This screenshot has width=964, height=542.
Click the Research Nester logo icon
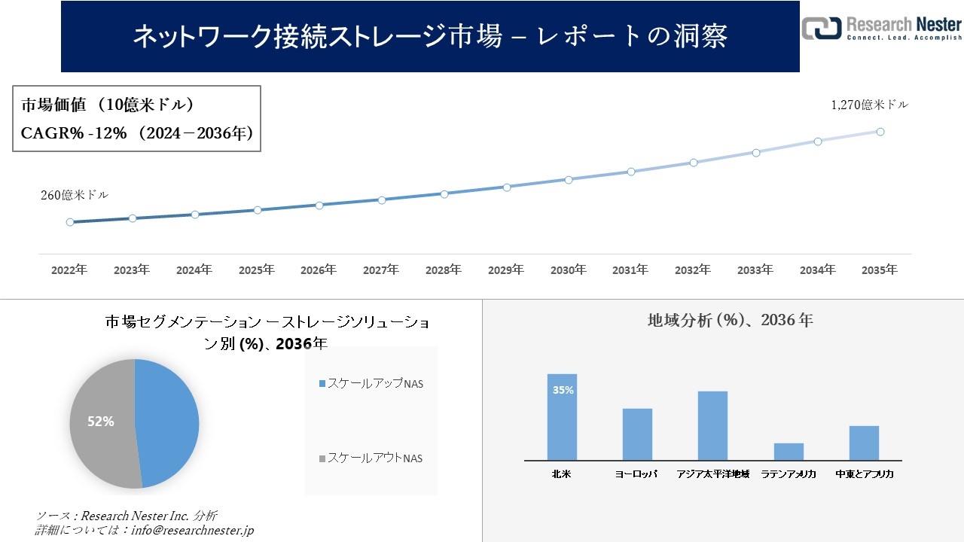tap(822, 28)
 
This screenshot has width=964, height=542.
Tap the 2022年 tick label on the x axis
tap(69, 269)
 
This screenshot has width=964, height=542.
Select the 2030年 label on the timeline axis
tap(569, 269)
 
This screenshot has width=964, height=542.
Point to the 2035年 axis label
tap(880, 269)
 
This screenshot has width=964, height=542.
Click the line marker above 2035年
tap(880, 132)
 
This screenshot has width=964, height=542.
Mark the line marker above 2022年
tap(70, 222)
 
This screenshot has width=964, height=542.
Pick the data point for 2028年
tap(444, 194)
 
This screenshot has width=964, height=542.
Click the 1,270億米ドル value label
tap(870, 105)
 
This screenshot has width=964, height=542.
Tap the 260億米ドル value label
tap(75, 195)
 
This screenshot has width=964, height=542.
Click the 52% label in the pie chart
tap(101, 422)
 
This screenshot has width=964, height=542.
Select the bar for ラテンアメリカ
tap(789, 452)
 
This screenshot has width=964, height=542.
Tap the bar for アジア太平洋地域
tap(712, 425)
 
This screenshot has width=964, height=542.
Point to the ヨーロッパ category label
tap(636, 474)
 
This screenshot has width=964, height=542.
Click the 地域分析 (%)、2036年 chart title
tap(730, 320)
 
